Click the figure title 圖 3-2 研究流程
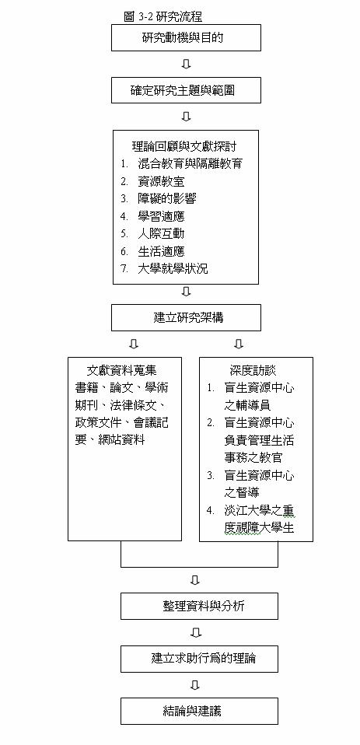coord(163,16)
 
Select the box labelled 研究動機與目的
coord(186,37)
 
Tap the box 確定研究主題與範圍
coord(186,89)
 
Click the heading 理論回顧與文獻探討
coord(184,146)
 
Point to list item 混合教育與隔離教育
coord(190,163)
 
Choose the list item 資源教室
coord(161,181)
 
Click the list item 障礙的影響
coord(166,198)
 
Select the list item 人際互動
coord(161,234)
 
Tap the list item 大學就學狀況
coord(173,269)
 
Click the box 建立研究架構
coord(186,317)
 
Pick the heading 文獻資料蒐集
coord(122,369)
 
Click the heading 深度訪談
coord(253,369)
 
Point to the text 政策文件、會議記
coord(121,422)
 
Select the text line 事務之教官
coord(253,457)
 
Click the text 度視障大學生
coord(260,527)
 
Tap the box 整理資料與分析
coord(200,607)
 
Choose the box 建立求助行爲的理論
coord(200,659)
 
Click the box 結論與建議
coord(200,711)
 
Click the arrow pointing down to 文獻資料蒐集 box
coord(134,344)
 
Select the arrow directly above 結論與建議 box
coord(194,685)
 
